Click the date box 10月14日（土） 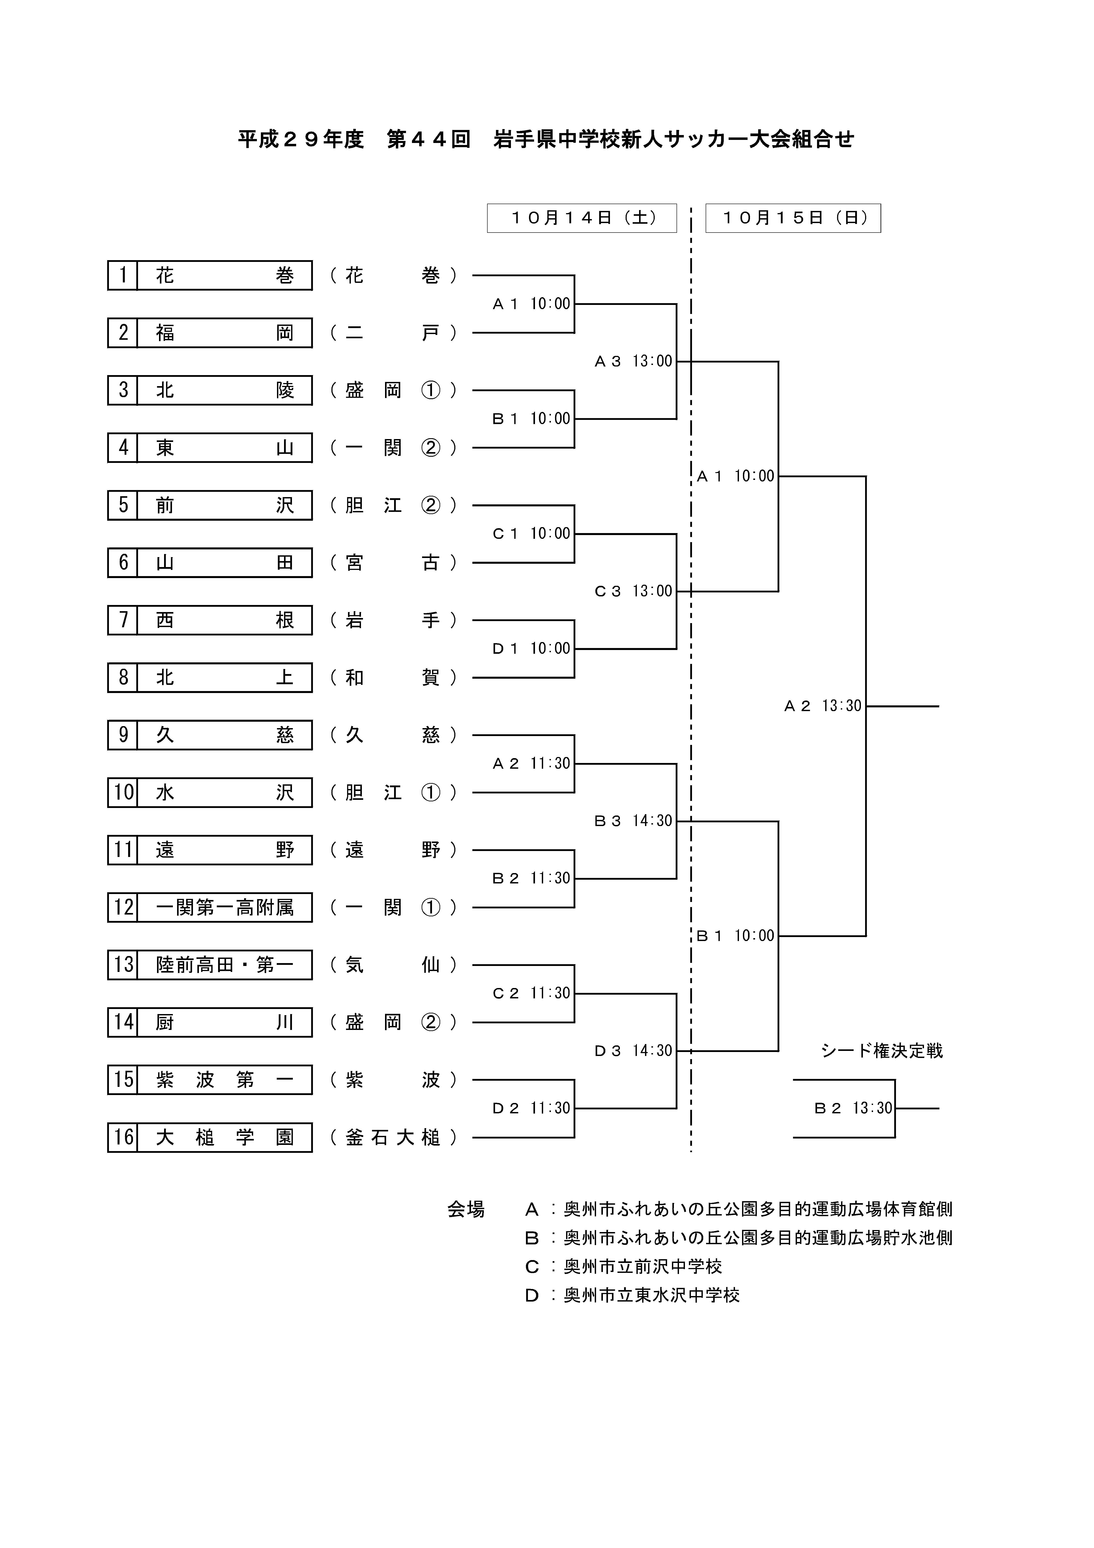click(582, 218)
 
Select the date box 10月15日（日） click(793, 218)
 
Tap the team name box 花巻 click(224, 275)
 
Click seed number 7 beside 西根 click(123, 620)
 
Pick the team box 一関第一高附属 click(224, 907)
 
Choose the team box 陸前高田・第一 click(224, 965)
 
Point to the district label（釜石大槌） click(393, 1137)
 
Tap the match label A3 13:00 click(634, 361)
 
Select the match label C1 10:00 click(532, 533)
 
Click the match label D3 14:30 click(634, 1050)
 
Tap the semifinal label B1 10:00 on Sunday click(735, 936)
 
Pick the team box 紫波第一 click(224, 1080)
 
